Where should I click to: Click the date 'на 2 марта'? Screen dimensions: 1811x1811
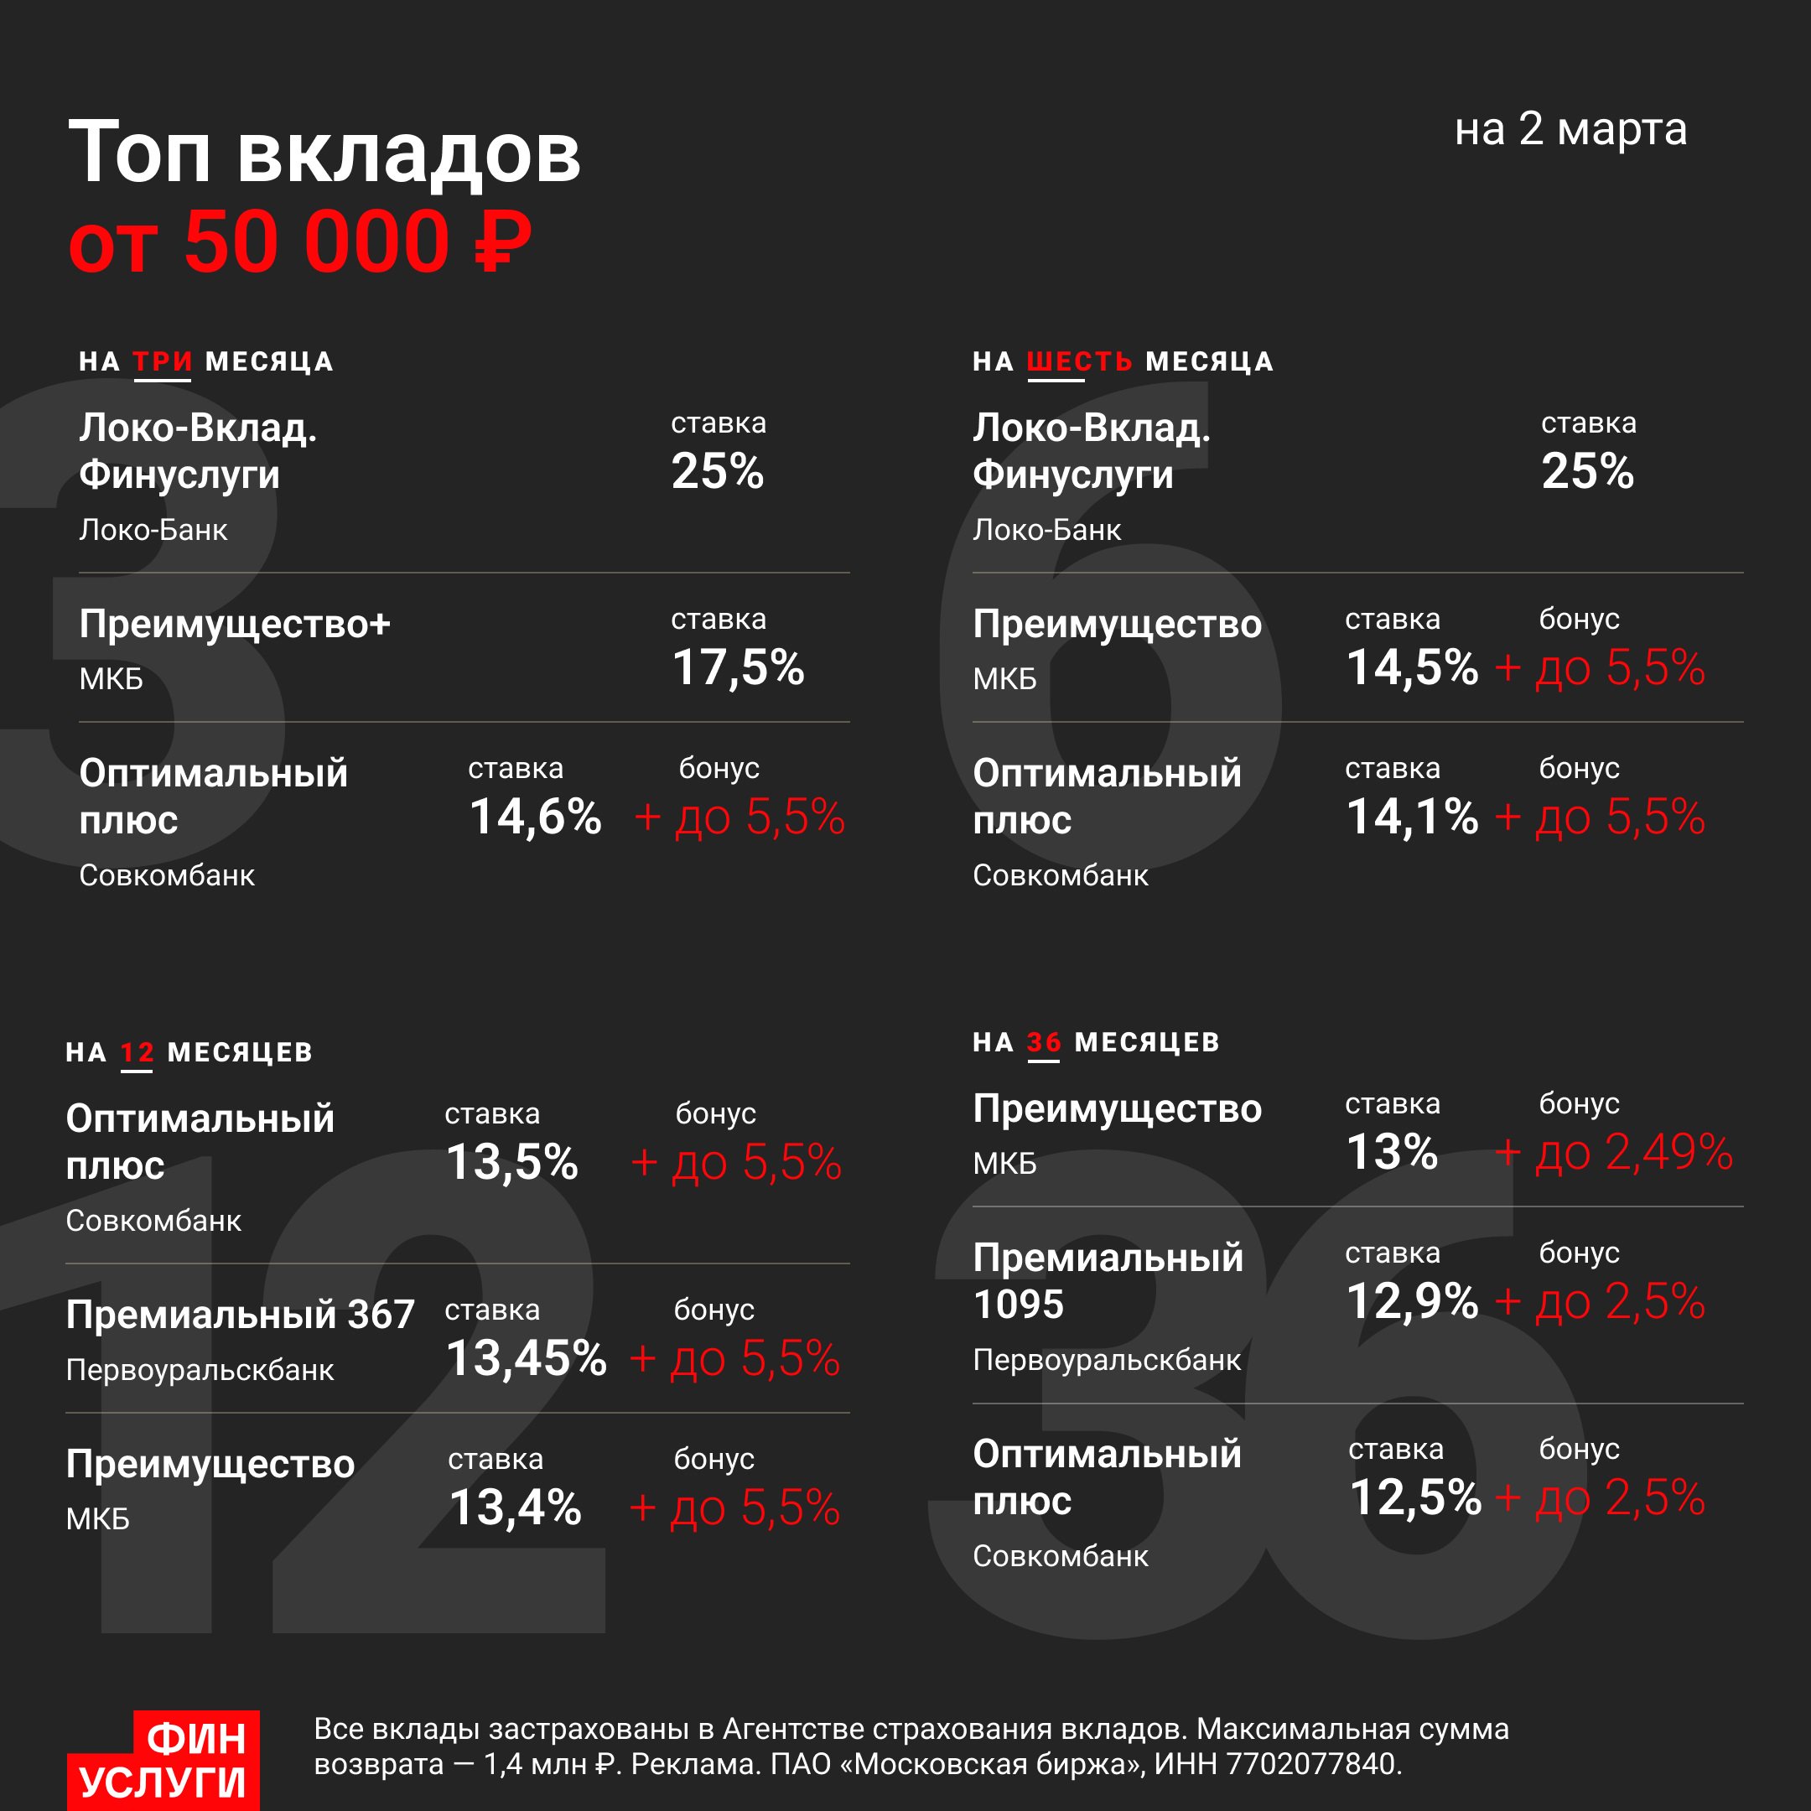point(1570,129)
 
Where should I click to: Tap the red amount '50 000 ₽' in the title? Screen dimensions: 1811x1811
point(358,241)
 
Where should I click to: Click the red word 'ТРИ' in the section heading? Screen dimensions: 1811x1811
point(162,362)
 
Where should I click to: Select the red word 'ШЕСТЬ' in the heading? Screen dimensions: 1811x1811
point(1080,362)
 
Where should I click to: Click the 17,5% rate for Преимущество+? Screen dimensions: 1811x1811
point(738,667)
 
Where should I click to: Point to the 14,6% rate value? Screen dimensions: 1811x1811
point(534,817)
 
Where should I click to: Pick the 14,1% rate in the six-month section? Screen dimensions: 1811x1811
point(1412,817)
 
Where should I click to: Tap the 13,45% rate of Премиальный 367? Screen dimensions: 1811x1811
point(526,1358)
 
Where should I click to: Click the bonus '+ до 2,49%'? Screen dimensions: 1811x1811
point(1613,1152)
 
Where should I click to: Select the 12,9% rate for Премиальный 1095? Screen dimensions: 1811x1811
point(1412,1301)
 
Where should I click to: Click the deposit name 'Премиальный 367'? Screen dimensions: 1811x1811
point(240,1314)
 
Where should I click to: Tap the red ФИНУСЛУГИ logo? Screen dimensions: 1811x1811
point(164,1761)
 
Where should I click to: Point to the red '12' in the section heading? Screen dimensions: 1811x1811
point(137,1053)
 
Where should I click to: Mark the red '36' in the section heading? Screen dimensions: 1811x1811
point(1043,1042)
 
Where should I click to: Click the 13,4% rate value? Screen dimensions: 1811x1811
point(515,1507)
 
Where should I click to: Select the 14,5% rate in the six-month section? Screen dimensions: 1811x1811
point(1412,667)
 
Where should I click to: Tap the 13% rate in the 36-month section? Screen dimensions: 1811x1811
point(1392,1152)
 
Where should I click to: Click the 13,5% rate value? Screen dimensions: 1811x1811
point(511,1162)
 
